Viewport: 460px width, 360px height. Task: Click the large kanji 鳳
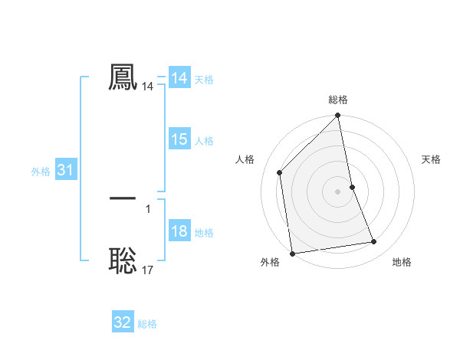click(123, 77)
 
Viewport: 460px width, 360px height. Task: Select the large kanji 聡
click(123, 260)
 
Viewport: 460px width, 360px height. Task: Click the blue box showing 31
click(65, 171)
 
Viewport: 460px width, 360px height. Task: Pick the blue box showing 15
click(179, 140)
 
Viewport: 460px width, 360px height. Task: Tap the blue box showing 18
click(179, 232)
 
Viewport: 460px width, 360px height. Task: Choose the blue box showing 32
click(123, 322)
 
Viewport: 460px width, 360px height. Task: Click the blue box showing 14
click(179, 79)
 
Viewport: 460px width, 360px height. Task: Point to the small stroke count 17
click(148, 270)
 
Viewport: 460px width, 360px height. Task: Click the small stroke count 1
click(148, 208)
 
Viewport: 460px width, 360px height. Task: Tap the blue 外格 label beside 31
click(41, 172)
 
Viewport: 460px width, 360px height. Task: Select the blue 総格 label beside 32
click(147, 323)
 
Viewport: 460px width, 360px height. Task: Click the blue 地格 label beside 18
click(204, 233)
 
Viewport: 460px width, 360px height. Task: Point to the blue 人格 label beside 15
click(204, 141)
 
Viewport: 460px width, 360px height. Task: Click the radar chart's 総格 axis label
click(338, 100)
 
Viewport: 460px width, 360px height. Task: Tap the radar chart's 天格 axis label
click(431, 159)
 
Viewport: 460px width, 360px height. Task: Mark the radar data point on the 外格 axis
click(292, 253)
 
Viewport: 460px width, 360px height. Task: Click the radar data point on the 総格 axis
click(338, 116)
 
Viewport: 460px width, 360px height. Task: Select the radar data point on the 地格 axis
click(374, 242)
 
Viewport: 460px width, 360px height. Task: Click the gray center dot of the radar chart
click(338, 191)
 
